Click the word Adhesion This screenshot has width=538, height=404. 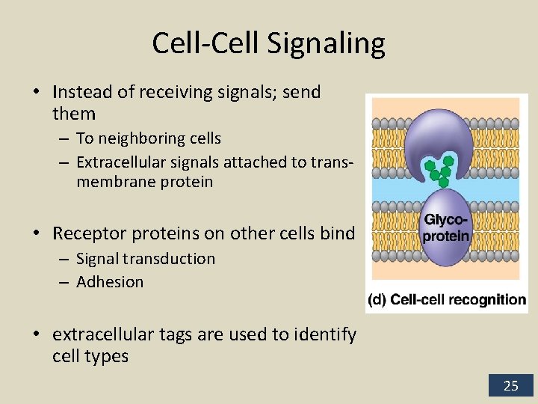[109, 282]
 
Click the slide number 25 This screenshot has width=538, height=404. [510, 386]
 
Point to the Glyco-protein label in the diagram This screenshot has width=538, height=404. [445, 227]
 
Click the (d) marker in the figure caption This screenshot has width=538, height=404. [377, 300]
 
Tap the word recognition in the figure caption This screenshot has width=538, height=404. [489, 300]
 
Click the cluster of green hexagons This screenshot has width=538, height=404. [439, 170]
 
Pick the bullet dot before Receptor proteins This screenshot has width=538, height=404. [36, 234]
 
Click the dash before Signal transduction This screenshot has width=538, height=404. [65, 260]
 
